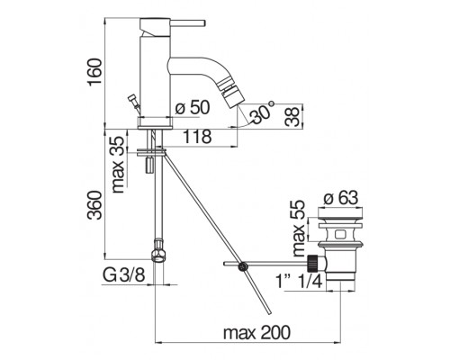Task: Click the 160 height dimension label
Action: coord(94,72)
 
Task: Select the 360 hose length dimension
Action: coord(94,205)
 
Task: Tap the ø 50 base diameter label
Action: coord(192,107)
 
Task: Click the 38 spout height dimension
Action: coord(292,116)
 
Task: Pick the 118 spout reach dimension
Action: coord(197,137)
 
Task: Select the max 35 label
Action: coord(117,165)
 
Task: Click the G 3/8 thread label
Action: coord(123,274)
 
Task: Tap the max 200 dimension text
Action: coord(257,332)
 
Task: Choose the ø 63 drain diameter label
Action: coord(341,198)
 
